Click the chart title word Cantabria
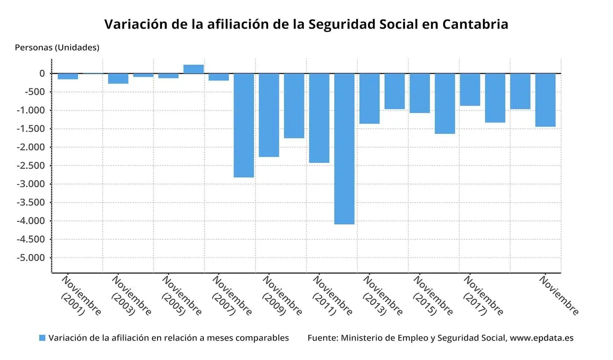[475, 24]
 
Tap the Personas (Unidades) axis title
[57, 47]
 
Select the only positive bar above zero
[193, 69]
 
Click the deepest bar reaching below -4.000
[344, 148]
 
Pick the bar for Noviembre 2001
[68, 76]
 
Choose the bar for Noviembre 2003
[118, 78]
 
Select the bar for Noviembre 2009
[269, 115]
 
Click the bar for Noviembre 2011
[319, 118]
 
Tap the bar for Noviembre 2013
[369, 98]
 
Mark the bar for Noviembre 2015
[419, 93]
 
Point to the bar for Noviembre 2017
[470, 89]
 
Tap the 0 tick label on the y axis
[42, 73]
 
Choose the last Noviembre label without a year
[558, 295]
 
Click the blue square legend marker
[42, 338]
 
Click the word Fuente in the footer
[321, 338]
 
